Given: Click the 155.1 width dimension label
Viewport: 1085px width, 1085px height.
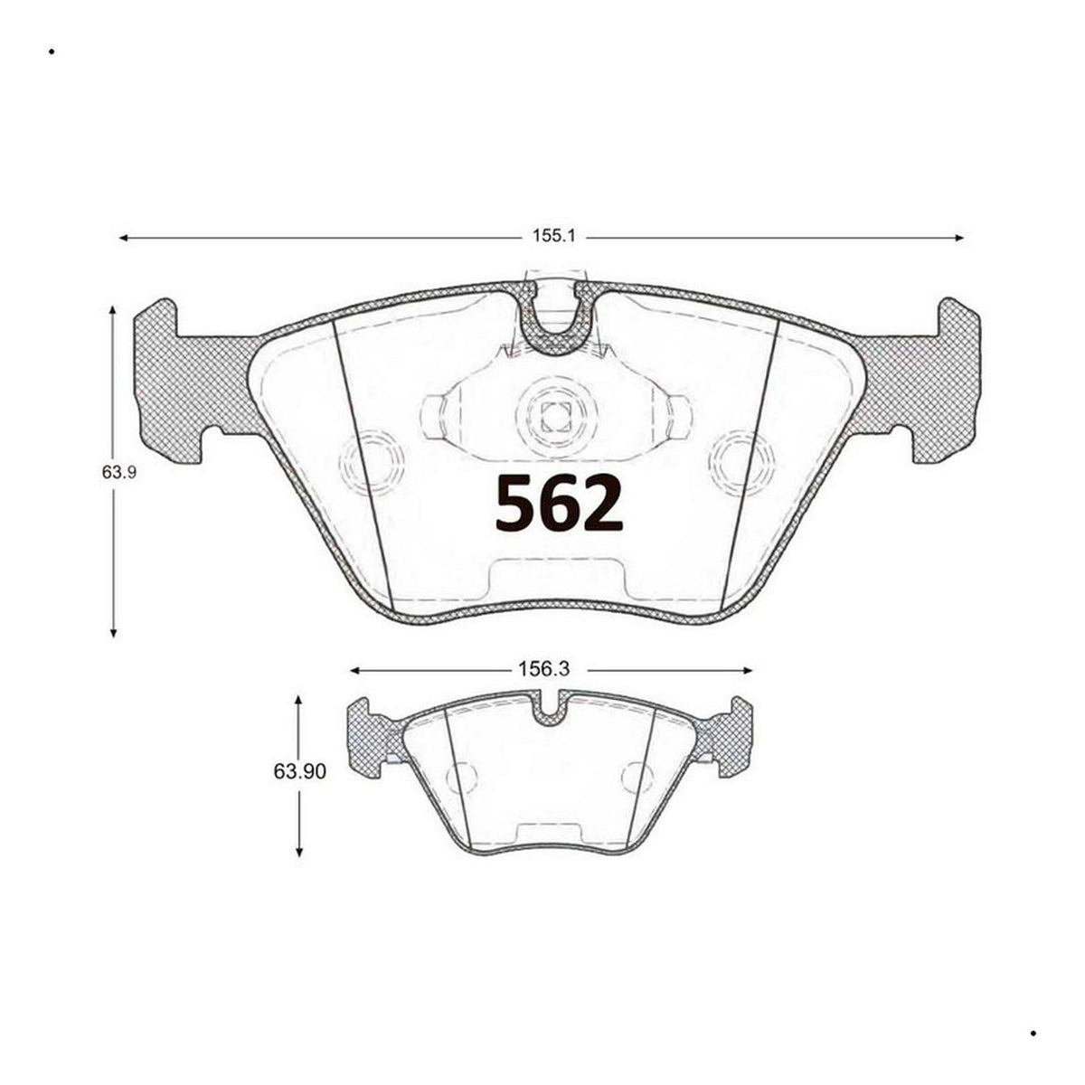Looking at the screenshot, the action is [x=554, y=237].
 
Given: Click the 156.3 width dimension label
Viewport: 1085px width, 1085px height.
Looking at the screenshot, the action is [x=543, y=669].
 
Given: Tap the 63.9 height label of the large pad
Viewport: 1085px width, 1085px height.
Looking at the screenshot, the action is [x=118, y=471].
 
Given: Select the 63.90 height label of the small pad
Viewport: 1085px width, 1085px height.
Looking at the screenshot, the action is [x=299, y=771].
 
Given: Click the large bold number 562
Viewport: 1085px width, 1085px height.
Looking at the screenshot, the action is [x=559, y=502].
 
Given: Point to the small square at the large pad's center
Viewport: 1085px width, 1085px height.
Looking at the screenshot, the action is [x=555, y=417].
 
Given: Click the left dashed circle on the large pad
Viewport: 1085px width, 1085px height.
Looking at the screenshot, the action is [x=373, y=464].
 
